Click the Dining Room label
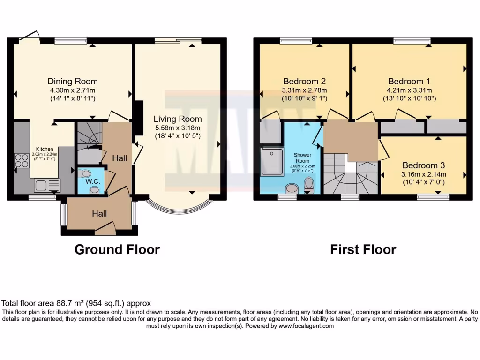73,81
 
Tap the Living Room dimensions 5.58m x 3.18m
178,128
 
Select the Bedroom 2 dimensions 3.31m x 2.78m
304,90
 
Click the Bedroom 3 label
423,165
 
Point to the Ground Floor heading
117,249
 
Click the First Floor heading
363,249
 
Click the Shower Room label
303,157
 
